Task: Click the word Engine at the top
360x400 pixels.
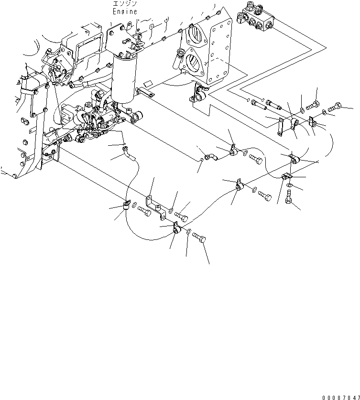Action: tap(125, 11)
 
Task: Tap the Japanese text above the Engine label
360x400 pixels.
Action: tap(125, 4)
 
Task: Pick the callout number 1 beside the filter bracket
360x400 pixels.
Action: tap(111, 24)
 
